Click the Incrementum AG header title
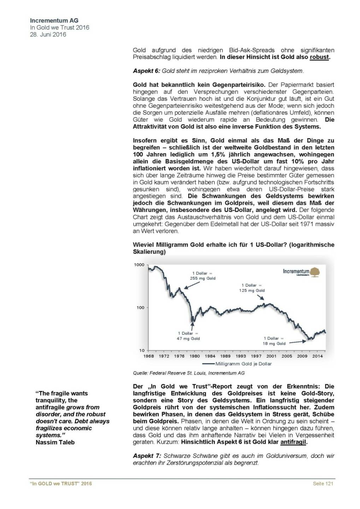tap(54, 21)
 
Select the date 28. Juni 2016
tap(48, 35)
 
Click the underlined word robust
tap(319, 57)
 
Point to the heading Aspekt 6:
tap(147, 71)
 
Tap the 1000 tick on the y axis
tap(139, 265)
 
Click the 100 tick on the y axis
tap(140, 308)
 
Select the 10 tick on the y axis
tap(142, 350)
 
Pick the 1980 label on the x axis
tap(194, 356)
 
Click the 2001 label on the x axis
tap(271, 356)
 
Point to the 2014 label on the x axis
tap(317, 356)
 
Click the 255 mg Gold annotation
tap(202, 278)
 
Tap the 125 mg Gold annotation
tap(252, 291)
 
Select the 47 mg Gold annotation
tap(188, 339)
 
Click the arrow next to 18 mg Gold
tap(297, 342)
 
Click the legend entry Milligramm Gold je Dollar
tap(243, 364)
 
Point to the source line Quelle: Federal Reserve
tap(189, 373)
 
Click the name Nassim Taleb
tap(55, 442)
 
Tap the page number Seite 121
tap(323, 484)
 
